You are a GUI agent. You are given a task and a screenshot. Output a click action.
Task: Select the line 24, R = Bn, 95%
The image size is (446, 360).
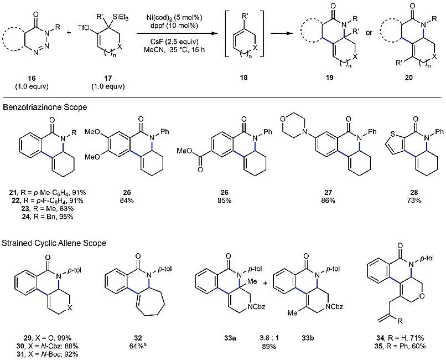coord(42,217)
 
